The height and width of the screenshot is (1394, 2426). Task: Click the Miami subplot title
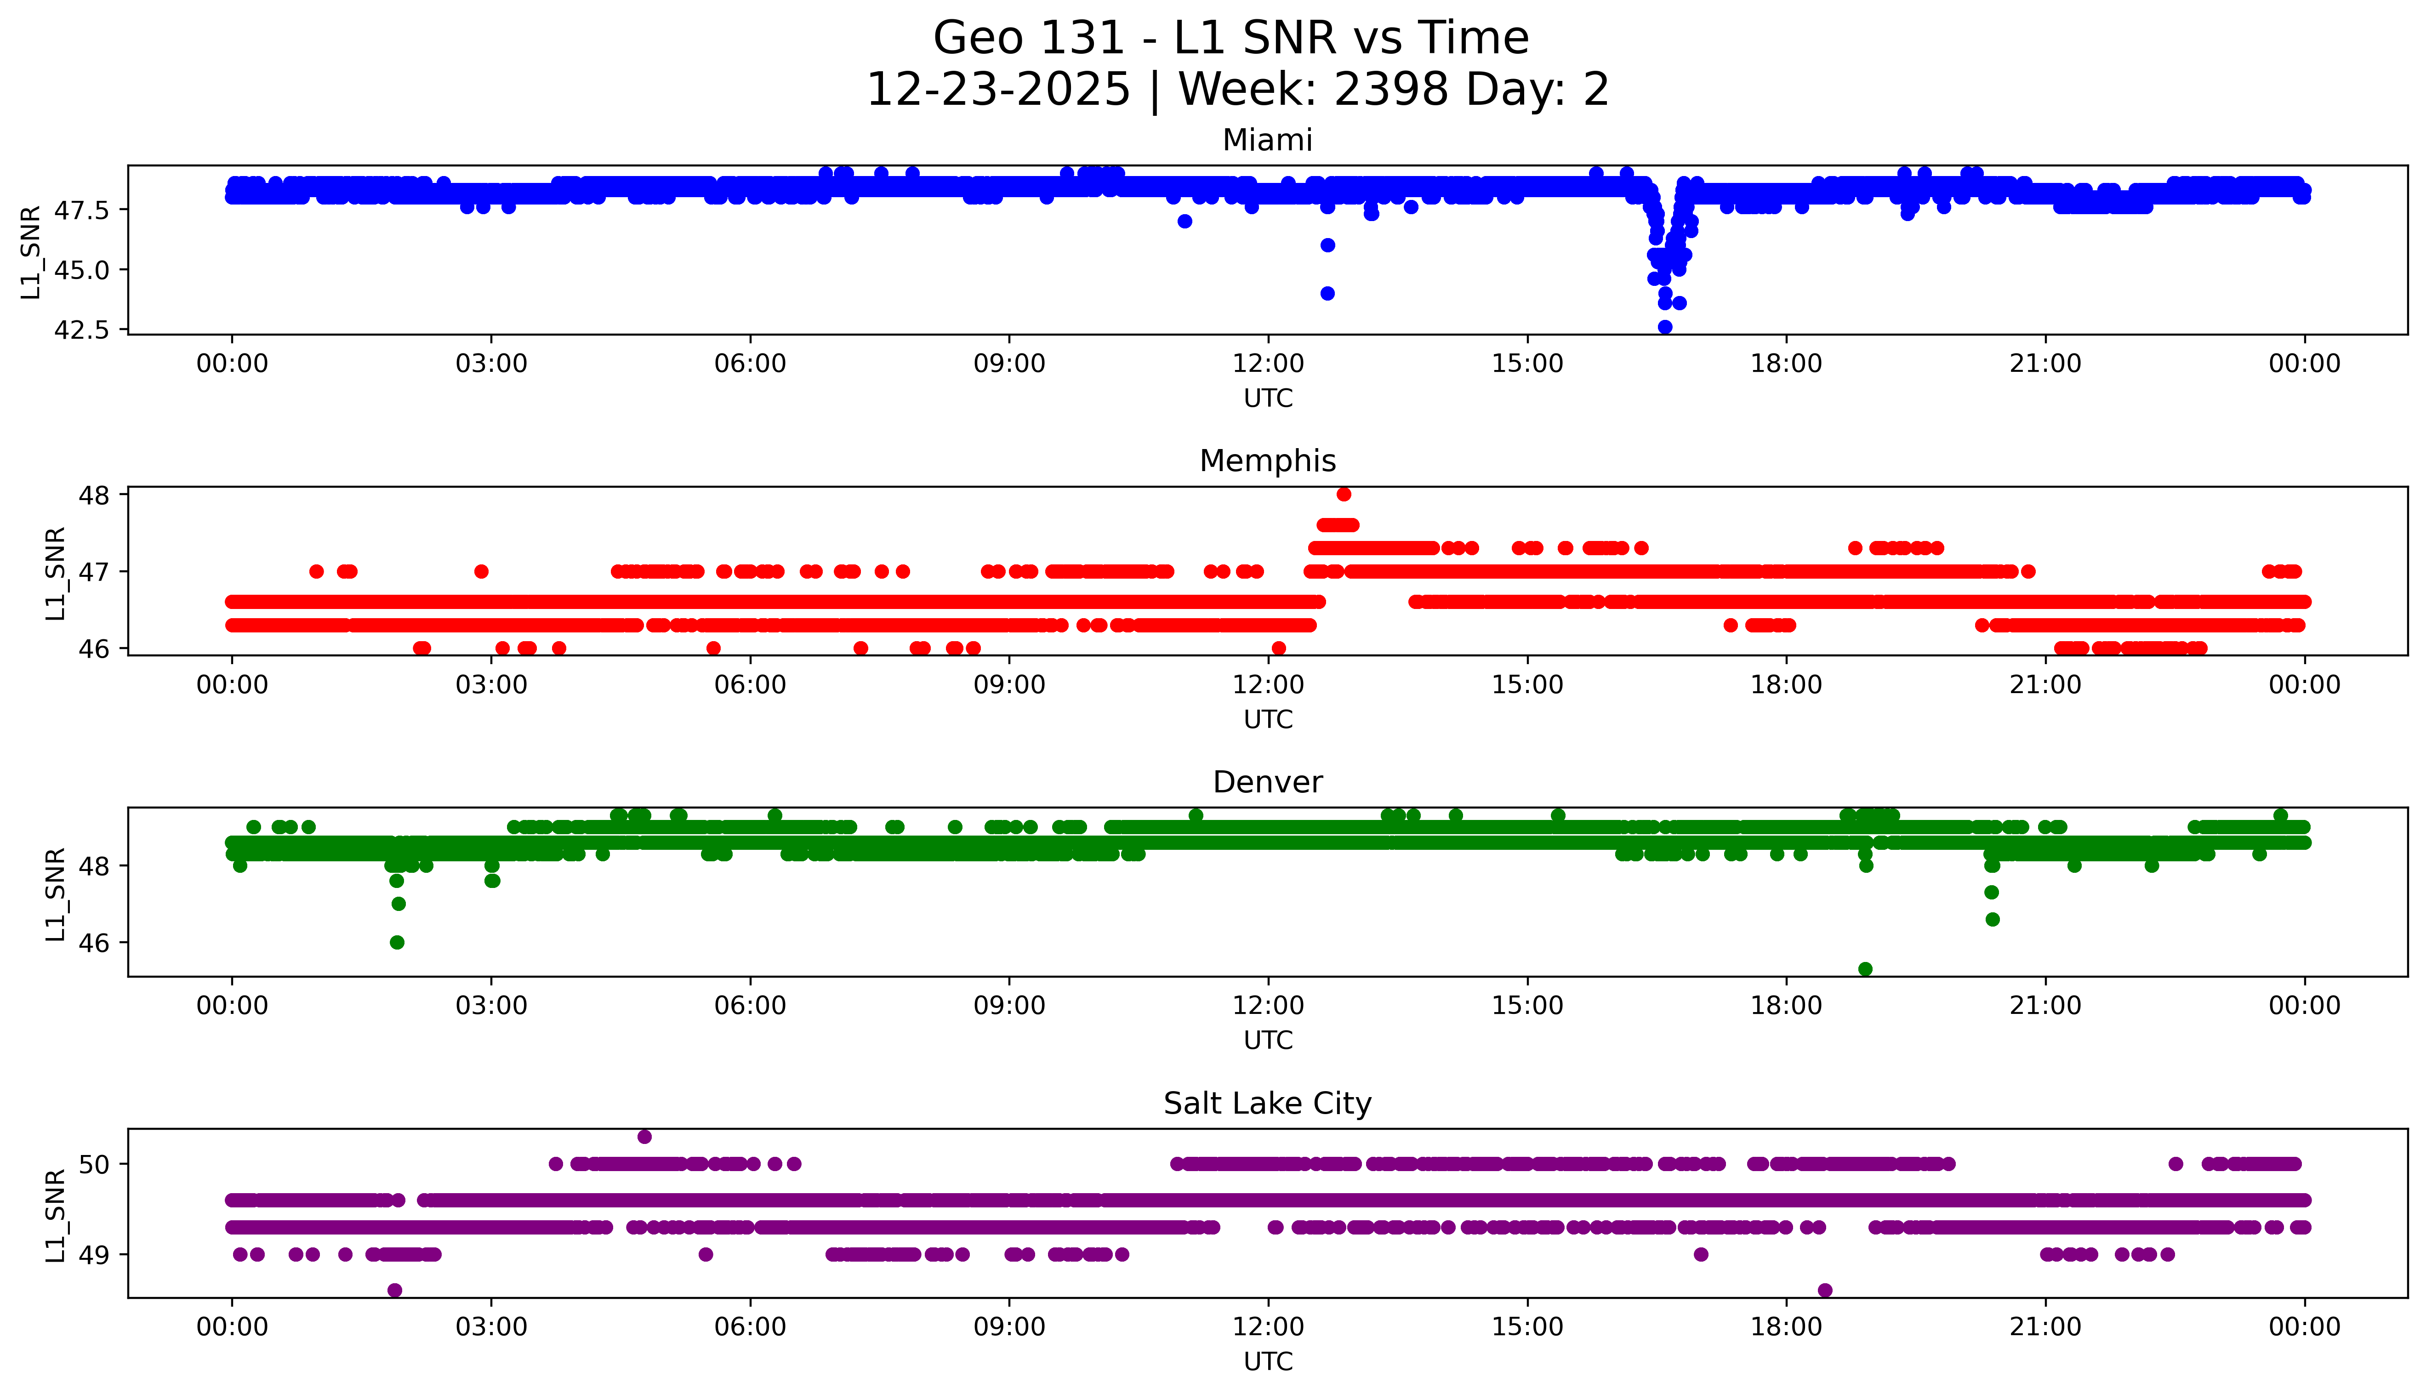pyautogui.click(x=1267, y=141)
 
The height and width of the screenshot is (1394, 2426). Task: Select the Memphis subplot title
pyautogui.click(x=1267, y=461)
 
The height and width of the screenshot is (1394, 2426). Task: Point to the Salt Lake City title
pyautogui.click(x=1267, y=1104)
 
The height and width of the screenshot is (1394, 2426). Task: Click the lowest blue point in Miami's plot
pyautogui.click(x=1665, y=327)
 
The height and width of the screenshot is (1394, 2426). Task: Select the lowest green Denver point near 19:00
pyautogui.click(x=1865, y=969)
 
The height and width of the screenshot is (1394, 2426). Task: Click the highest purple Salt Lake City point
pyautogui.click(x=644, y=1137)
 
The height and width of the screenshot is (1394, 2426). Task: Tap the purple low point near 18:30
pyautogui.click(x=1825, y=1290)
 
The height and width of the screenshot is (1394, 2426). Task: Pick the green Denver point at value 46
pyautogui.click(x=397, y=942)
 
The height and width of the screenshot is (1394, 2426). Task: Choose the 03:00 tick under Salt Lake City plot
pyautogui.click(x=491, y=1327)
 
